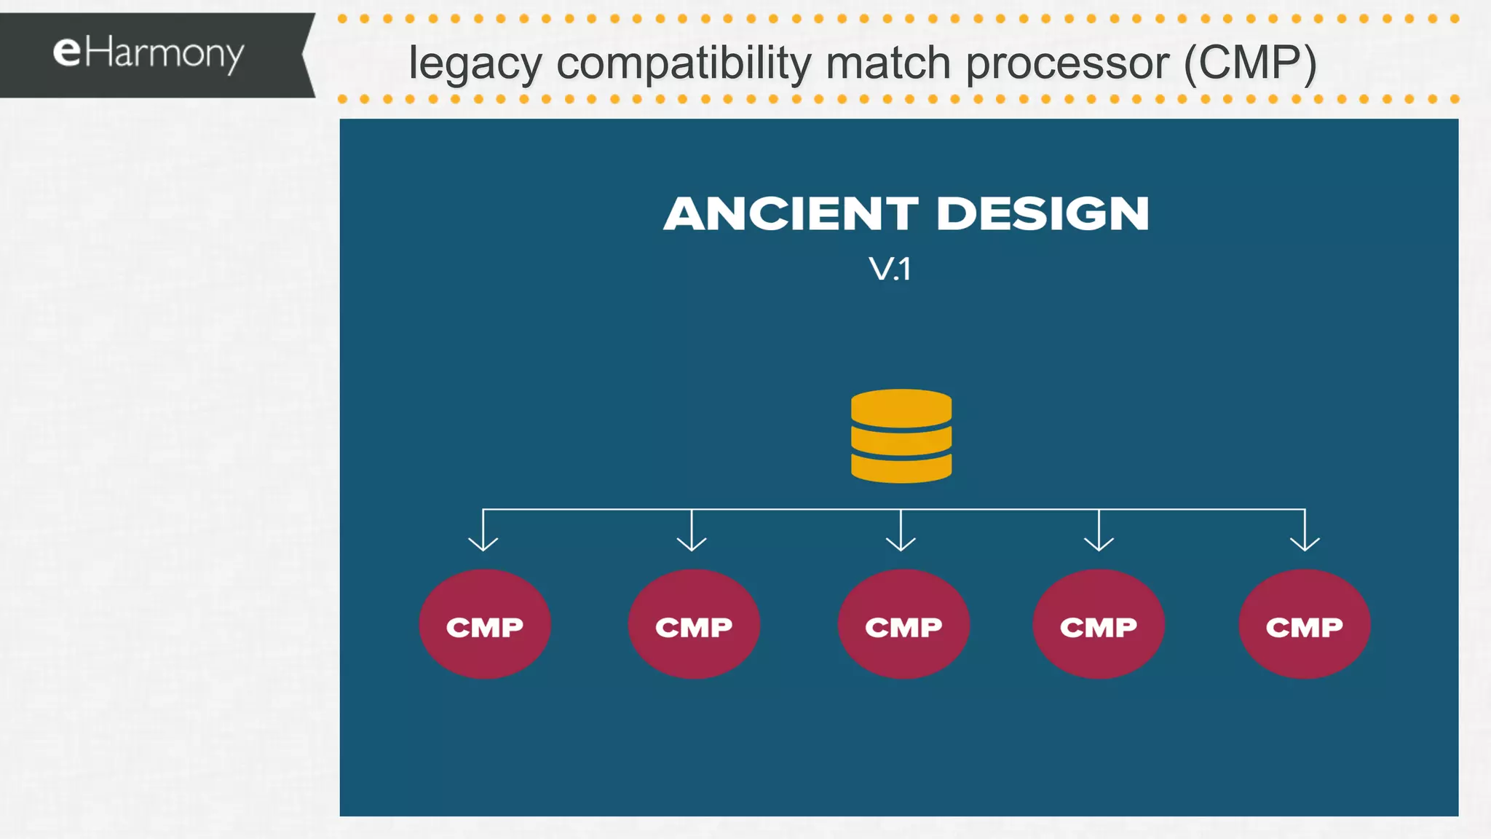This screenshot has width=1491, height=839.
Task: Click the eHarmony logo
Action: pyautogui.click(x=149, y=55)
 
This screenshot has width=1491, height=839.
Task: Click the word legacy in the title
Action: pyautogui.click(x=475, y=64)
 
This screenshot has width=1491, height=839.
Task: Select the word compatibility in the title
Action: pyautogui.click(x=684, y=64)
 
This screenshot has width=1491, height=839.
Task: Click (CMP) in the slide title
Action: pyautogui.click(x=1250, y=63)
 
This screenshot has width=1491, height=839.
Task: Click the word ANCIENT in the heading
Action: pyautogui.click(x=791, y=214)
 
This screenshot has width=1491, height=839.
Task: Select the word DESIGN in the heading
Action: pyautogui.click(x=1043, y=214)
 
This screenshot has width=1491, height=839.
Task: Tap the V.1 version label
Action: pyautogui.click(x=890, y=269)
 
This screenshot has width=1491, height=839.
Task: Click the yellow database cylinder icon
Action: pyautogui.click(x=901, y=437)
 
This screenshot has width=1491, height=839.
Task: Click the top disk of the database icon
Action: pyautogui.click(x=901, y=406)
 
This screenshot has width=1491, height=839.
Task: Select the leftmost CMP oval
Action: pyautogui.click(x=485, y=625)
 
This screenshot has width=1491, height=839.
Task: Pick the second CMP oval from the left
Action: pyautogui.click(x=694, y=625)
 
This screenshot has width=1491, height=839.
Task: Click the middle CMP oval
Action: pyautogui.click(x=903, y=625)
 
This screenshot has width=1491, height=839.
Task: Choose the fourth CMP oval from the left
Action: pyautogui.click(x=1099, y=625)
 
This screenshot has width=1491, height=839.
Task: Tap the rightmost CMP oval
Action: pyautogui.click(x=1305, y=625)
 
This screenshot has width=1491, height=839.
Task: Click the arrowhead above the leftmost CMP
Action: pyautogui.click(x=483, y=543)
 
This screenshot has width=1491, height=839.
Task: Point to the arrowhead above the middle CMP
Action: pyautogui.click(x=901, y=543)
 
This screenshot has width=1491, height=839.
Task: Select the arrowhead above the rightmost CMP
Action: pyautogui.click(x=1305, y=543)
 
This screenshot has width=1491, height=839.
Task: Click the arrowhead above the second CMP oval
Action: pyautogui.click(x=692, y=543)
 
